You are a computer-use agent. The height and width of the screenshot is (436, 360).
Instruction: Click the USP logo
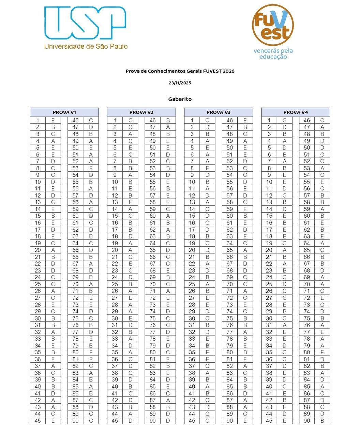click(85, 22)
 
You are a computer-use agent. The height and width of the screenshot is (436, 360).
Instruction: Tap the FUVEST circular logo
click(273, 25)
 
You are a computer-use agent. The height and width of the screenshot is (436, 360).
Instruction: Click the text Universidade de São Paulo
click(86, 46)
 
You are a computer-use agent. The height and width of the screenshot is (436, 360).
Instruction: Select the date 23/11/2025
click(180, 83)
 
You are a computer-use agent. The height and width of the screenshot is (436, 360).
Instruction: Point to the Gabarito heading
click(180, 99)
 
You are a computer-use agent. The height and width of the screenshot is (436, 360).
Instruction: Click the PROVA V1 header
click(64, 112)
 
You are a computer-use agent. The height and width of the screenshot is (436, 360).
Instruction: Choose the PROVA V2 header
click(141, 112)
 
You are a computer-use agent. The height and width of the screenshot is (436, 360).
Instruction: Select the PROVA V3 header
click(219, 112)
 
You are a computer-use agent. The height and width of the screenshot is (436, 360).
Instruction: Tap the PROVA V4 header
click(296, 112)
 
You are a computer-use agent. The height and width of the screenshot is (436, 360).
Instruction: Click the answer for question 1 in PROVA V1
click(53, 120)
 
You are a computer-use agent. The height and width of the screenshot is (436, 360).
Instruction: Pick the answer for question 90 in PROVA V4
click(322, 421)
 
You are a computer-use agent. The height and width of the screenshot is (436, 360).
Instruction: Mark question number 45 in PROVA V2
click(115, 421)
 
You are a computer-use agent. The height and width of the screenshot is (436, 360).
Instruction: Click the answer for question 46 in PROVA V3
click(245, 120)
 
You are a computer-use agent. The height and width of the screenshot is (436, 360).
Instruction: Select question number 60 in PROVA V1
click(75, 216)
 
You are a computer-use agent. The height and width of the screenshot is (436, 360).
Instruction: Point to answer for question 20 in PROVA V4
click(284, 250)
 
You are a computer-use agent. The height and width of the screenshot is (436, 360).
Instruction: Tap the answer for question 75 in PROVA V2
click(168, 318)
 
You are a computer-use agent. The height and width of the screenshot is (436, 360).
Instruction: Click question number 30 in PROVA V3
click(192, 318)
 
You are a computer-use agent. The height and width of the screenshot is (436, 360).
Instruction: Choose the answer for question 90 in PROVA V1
click(91, 421)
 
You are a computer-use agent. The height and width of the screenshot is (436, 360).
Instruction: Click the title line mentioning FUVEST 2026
click(180, 71)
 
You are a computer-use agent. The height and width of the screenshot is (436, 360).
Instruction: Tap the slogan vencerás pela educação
click(273, 54)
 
